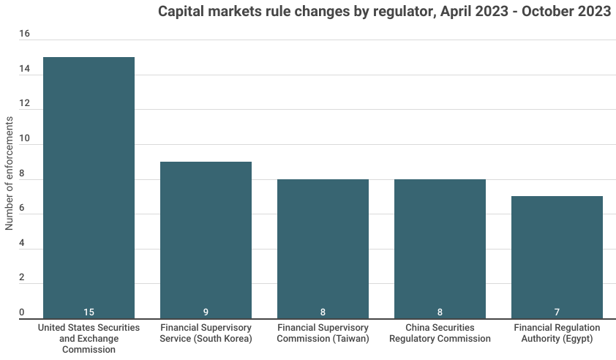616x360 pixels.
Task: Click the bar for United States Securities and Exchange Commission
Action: click(89, 187)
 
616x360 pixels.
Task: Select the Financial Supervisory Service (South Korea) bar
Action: click(206, 240)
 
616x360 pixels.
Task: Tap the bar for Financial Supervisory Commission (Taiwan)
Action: click(323, 249)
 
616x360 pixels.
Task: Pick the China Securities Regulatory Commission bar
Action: click(440, 249)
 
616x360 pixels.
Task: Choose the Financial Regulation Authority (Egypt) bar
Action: click(557, 257)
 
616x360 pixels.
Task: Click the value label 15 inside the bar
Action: click(89, 312)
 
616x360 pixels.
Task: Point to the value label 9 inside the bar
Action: click(206, 312)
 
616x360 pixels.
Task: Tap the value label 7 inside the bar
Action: click(557, 312)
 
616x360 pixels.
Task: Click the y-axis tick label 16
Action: click(24, 34)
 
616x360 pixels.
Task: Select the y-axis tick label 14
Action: click(24, 70)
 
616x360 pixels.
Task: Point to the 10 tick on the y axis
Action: click(24, 139)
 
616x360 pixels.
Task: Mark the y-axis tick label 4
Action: click(22, 244)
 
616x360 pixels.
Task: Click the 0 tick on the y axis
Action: click(22, 313)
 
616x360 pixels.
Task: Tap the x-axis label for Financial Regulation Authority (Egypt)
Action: click(557, 333)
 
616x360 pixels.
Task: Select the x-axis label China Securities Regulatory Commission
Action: click(440, 333)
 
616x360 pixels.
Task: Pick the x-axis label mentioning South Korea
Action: click(206, 333)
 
